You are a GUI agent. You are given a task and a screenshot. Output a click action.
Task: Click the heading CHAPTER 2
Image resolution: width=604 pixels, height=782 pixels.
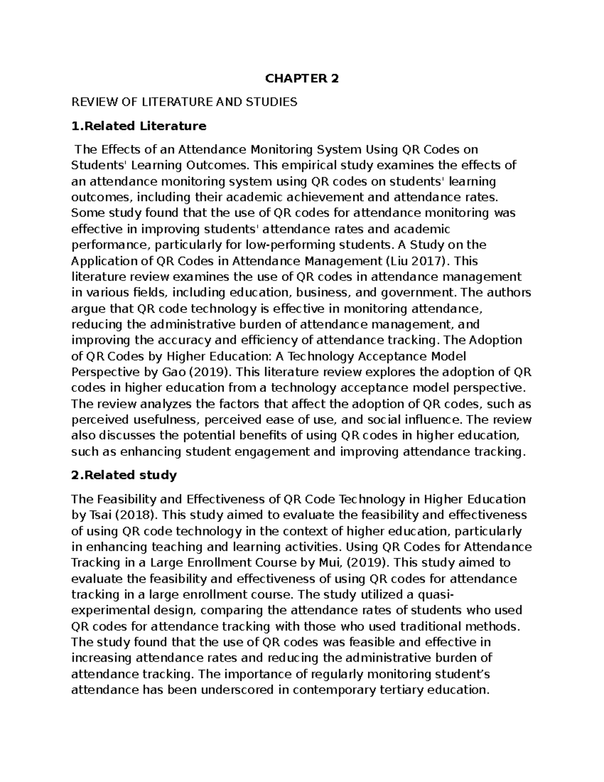point(302,79)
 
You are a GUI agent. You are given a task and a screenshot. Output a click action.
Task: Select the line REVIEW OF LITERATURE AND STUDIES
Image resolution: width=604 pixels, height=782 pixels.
point(184,102)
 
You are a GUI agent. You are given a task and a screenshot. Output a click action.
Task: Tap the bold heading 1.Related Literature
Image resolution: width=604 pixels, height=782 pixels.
point(139,126)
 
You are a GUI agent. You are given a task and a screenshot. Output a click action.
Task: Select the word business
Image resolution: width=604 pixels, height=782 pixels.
point(325,293)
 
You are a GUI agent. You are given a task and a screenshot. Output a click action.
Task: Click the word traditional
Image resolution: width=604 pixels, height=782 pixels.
point(431,626)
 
